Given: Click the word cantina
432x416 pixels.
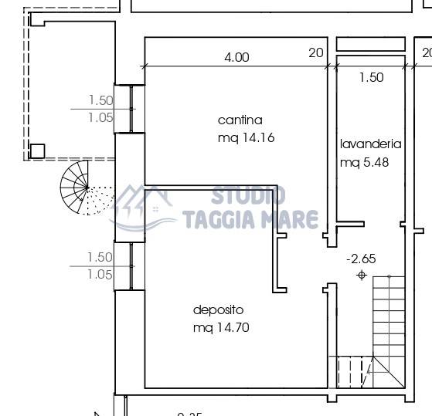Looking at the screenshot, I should point(240,120).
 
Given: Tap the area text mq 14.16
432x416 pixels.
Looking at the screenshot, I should point(247,138).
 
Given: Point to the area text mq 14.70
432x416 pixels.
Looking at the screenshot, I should point(221,327).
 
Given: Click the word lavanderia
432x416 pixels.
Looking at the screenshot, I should point(371,144).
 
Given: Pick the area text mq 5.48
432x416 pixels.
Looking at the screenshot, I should point(365,162).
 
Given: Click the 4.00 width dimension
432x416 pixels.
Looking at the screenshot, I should point(236,57).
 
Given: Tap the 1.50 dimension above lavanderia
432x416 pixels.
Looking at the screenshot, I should point(371,77).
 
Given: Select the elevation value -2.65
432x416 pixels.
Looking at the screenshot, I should point(361,259).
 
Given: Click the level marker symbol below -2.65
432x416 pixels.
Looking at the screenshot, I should point(361,276).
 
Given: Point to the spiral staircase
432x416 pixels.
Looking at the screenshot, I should point(77,188).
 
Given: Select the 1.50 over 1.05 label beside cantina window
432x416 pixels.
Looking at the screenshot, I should point(100,109).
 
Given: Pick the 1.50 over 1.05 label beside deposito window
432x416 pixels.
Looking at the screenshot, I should point(100,265).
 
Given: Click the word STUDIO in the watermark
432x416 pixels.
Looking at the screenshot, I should point(248,196).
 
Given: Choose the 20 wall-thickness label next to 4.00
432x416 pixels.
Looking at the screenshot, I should point(315,53).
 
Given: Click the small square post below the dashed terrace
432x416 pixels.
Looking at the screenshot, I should point(37,151).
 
